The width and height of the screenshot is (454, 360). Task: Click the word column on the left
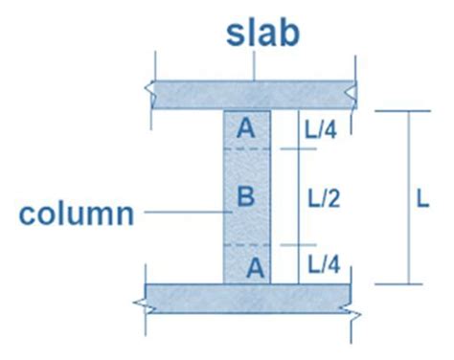pos(76,213)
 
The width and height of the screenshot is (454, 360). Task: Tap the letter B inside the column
pos(245,198)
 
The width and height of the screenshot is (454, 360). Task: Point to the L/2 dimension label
pos(326,198)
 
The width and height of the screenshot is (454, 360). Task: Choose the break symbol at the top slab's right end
pos(355,93)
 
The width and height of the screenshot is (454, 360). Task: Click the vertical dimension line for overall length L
pos(409,198)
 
